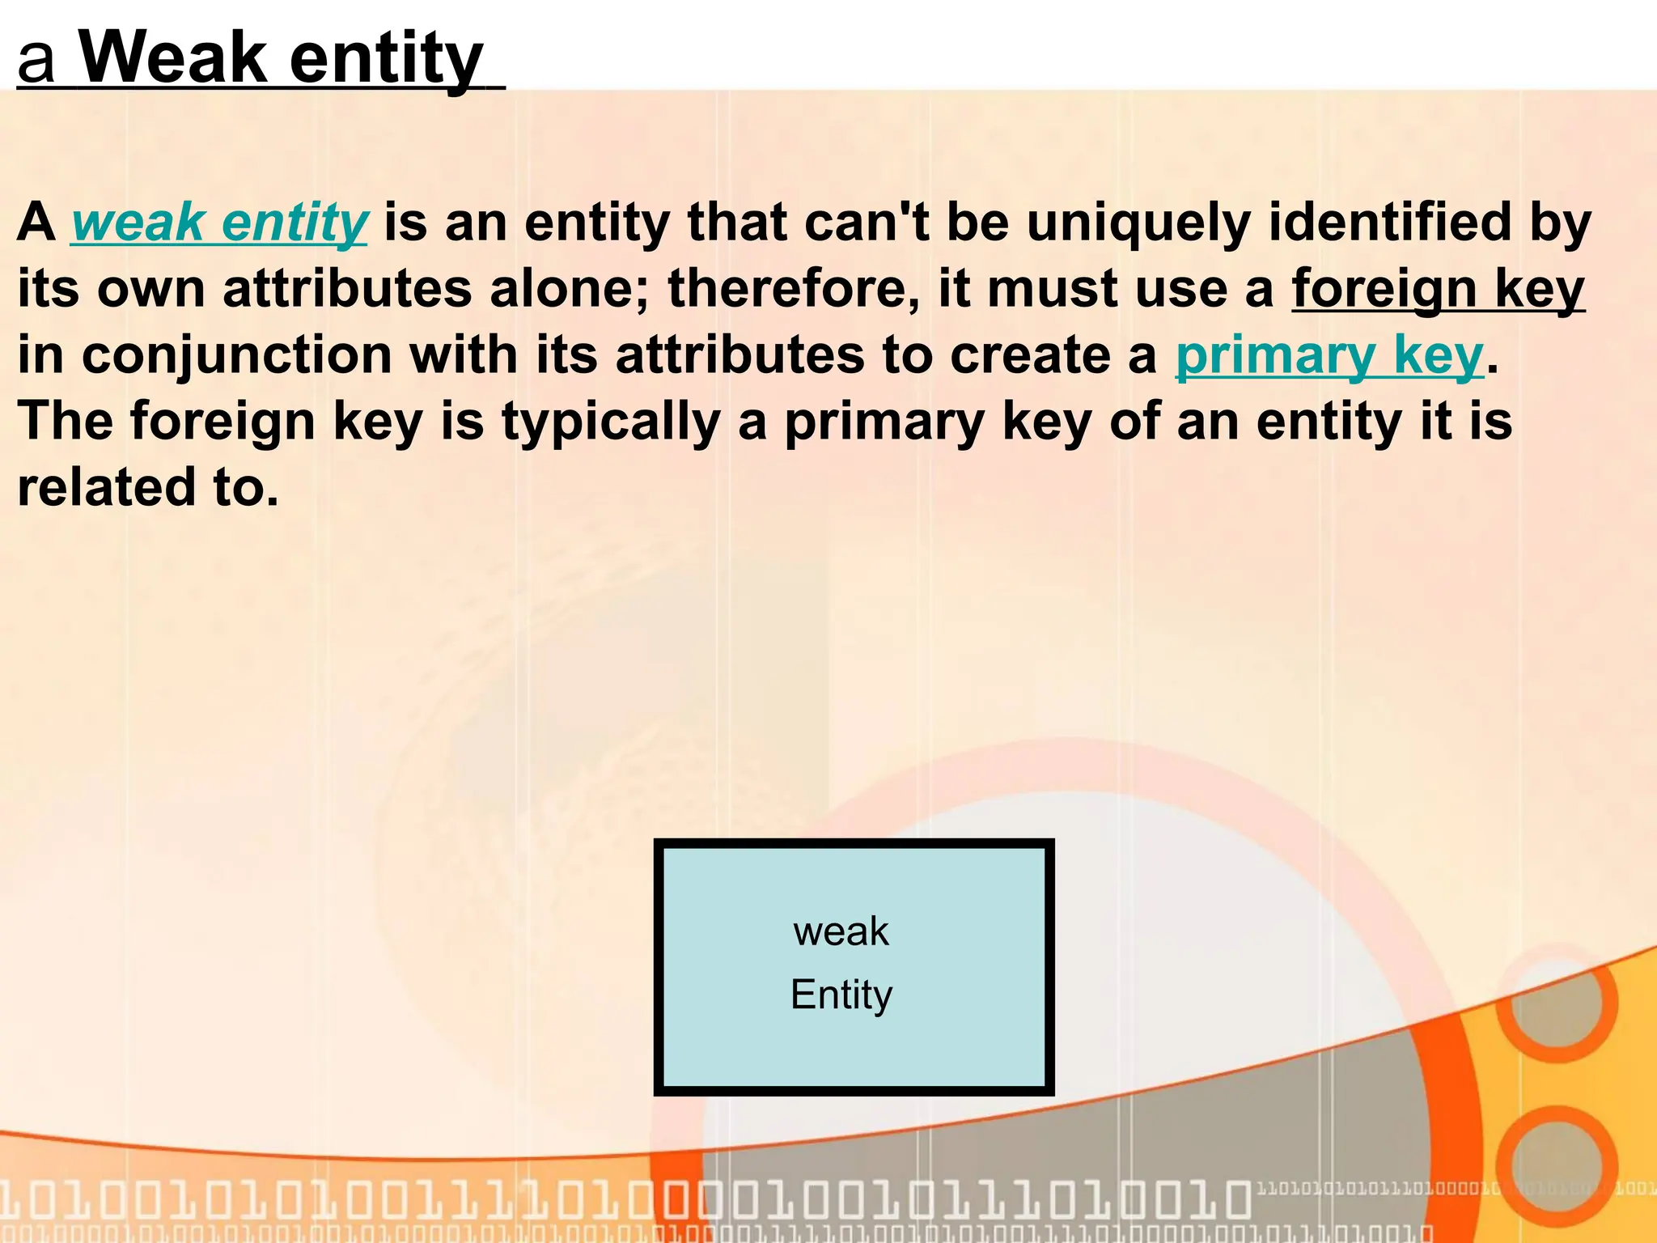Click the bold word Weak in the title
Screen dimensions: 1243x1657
pos(173,58)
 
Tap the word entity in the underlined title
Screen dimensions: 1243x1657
pos(386,60)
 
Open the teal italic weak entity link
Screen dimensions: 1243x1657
pos(219,223)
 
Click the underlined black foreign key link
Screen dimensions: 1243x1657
pos(1438,289)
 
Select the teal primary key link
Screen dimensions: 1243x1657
pos(1329,355)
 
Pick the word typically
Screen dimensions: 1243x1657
pos(611,422)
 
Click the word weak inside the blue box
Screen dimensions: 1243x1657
pos(841,931)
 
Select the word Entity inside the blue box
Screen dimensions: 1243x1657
pos(841,995)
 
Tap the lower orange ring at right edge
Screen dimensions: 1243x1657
pos(1556,1165)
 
